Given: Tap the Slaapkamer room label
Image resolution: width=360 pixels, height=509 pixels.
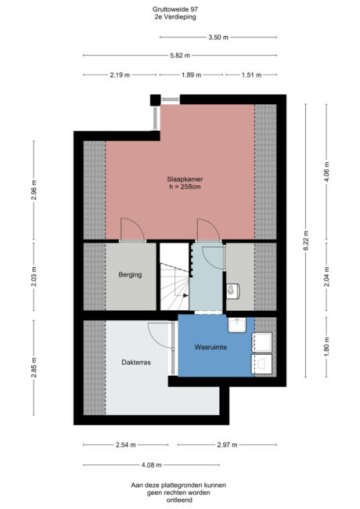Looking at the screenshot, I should [179, 177].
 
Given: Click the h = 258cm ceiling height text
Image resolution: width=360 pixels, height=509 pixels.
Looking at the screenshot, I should [179, 186].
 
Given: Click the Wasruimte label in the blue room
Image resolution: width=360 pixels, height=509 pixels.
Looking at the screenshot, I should [211, 347].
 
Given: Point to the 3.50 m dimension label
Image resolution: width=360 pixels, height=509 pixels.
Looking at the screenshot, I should [218, 38].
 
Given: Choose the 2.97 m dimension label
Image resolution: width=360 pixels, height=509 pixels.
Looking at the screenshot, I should [227, 445].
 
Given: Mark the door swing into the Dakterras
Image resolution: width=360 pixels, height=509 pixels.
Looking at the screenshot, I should [160, 337].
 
